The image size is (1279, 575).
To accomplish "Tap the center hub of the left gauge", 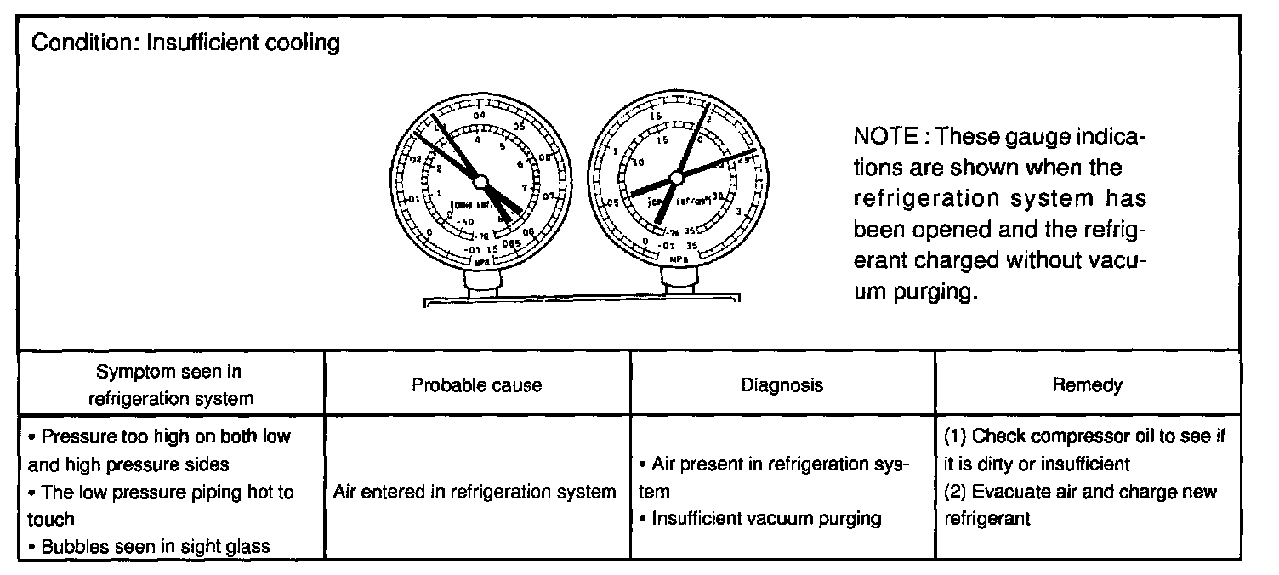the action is pyautogui.click(x=480, y=181).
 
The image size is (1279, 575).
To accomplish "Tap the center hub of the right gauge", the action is pyautogui.click(x=677, y=177).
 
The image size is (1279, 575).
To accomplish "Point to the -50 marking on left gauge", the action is pyautogui.click(x=466, y=222).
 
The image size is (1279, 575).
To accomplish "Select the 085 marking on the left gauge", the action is pyautogui.click(x=511, y=243).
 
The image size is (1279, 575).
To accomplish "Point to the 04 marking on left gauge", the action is pyautogui.click(x=478, y=116).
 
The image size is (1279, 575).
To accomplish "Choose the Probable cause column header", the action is pyautogui.click(x=476, y=385).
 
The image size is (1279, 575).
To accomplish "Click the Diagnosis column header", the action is pyautogui.click(x=782, y=385).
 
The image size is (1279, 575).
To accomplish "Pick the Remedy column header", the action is pyautogui.click(x=1087, y=385).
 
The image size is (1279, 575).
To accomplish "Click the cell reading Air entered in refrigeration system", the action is pyautogui.click(x=475, y=492).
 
